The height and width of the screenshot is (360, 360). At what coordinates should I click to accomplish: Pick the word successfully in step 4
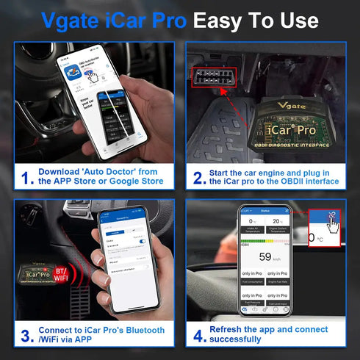[237, 340]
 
